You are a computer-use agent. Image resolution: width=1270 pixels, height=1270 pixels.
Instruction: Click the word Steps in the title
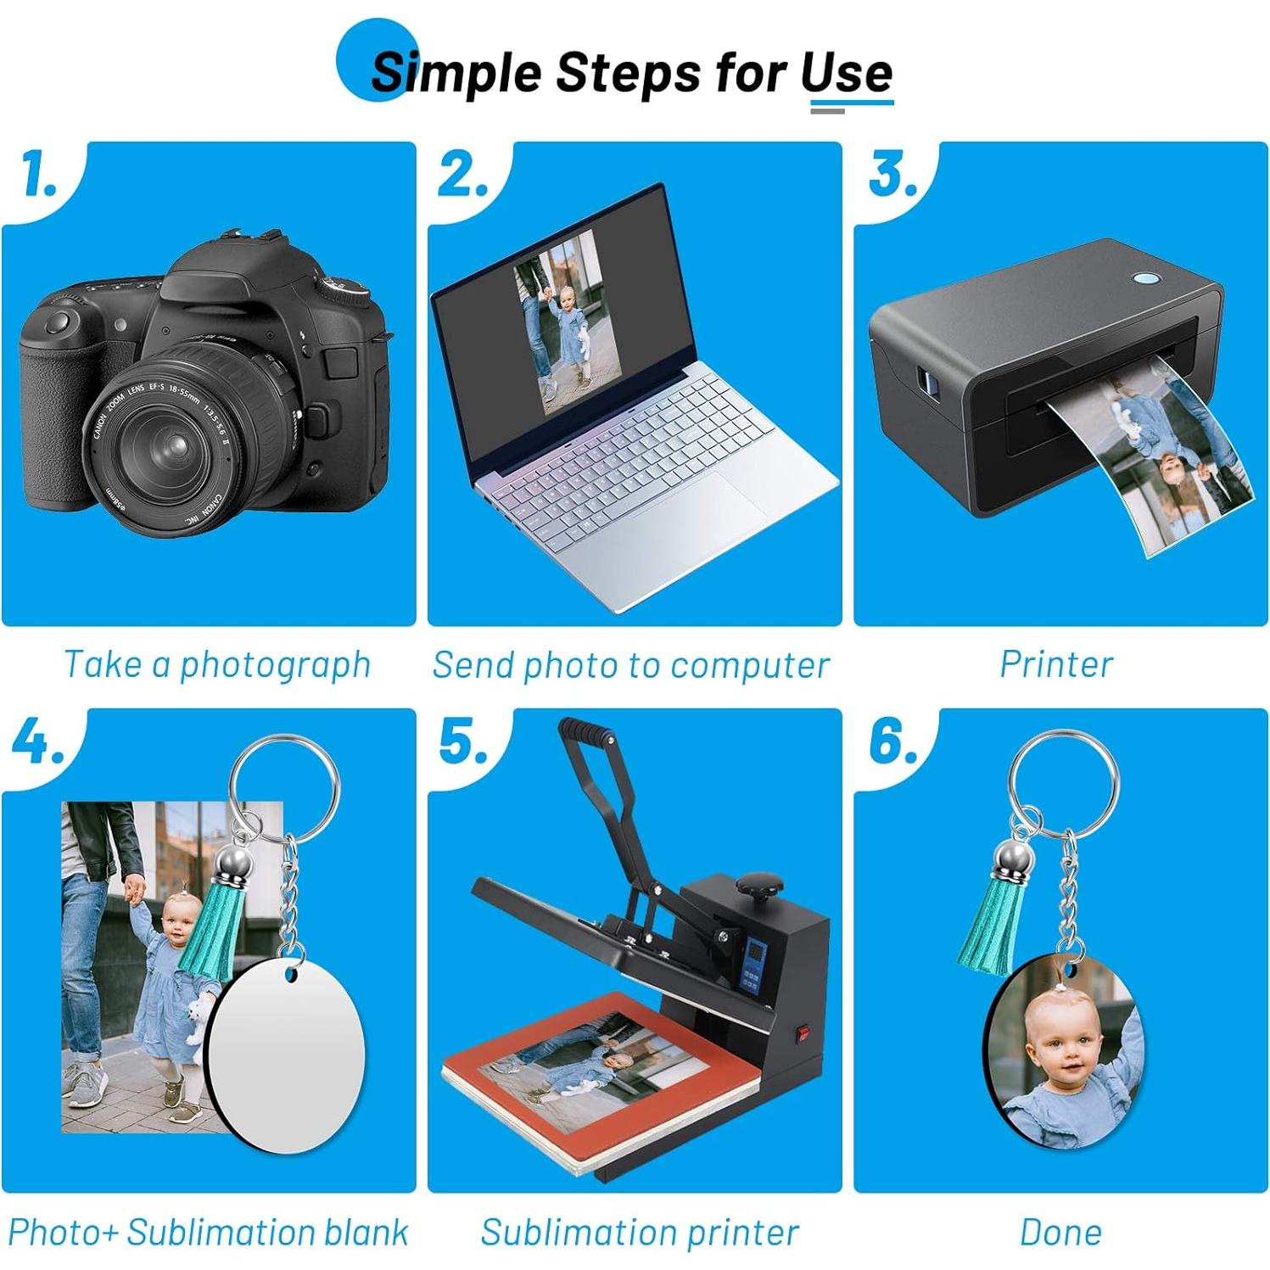[629, 72]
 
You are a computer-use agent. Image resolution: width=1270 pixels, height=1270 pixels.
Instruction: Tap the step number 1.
[38, 175]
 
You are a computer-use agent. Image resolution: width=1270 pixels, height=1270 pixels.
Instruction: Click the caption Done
[1060, 1233]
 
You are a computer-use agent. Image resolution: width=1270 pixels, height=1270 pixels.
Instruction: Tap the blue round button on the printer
[1147, 278]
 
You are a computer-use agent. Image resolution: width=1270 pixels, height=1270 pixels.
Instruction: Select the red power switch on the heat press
[802, 1033]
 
